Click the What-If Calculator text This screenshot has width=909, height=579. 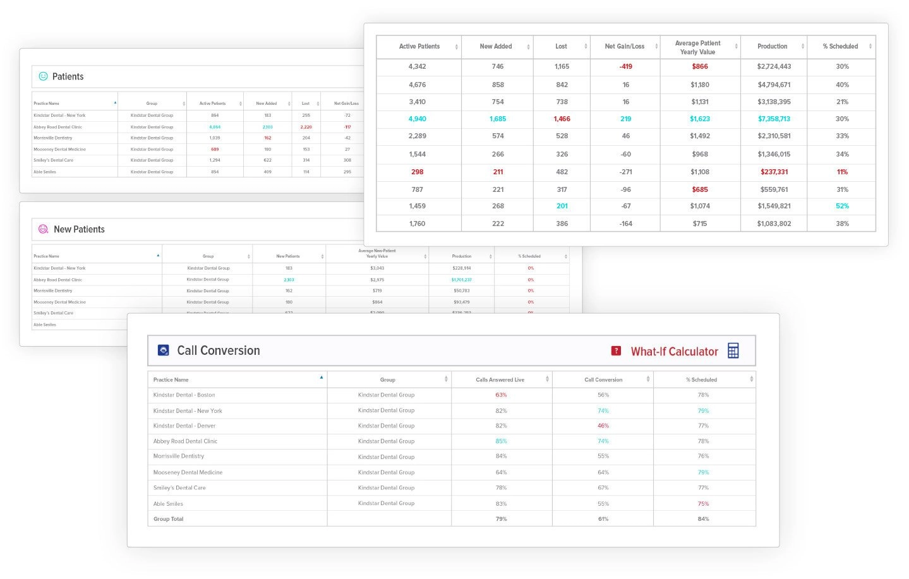pyautogui.click(x=674, y=352)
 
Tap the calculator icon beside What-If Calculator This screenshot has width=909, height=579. pyautogui.click(x=733, y=351)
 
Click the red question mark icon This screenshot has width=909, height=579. pyautogui.click(x=616, y=351)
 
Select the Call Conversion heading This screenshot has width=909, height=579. pyautogui.click(x=218, y=350)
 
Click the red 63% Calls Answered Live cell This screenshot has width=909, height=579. pyautogui.click(x=501, y=395)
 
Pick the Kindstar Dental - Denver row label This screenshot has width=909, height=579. pyautogui.click(x=184, y=426)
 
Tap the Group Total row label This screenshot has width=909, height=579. pyautogui.click(x=168, y=519)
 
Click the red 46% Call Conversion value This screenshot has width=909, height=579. pyautogui.click(x=603, y=426)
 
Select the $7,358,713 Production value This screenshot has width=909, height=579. pyautogui.click(x=774, y=119)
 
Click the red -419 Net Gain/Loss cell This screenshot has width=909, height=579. pyautogui.click(x=625, y=66)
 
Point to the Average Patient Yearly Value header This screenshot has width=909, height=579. pyautogui.click(x=697, y=47)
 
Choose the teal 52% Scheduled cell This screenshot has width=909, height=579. pyautogui.click(x=842, y=206)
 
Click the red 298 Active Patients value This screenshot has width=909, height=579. pyautogui.click(x=417, y=172)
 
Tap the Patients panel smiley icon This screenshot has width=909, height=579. pyautogui.click(x=43, y=76)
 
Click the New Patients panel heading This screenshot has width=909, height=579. pyautogui.click(x=79, y=229)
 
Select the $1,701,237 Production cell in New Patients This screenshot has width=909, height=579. pyautogui.click(x=461, y=280)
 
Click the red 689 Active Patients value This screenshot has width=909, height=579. pyautogui.click(x=215, y=150)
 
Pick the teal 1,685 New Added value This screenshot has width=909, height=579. pyautogui.click(x=498, y=119)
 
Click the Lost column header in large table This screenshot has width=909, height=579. pyautogui.click(x=561, y=47)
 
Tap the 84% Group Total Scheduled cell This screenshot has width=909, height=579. pyautogui.click(x=703, y=519)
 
